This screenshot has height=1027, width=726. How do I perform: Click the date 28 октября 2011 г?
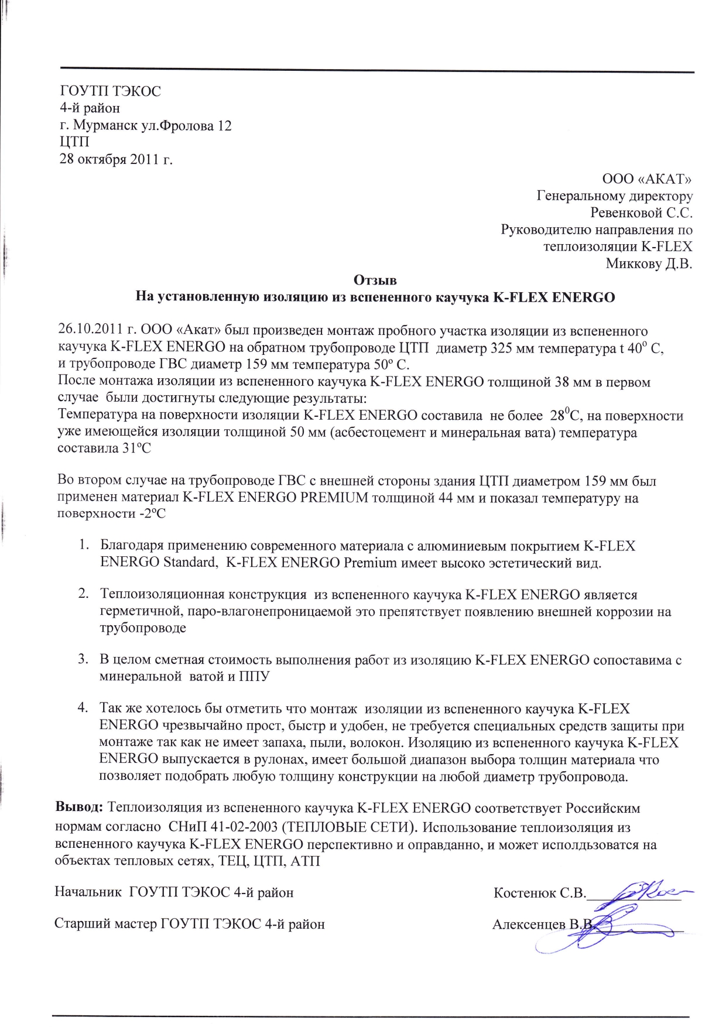116,159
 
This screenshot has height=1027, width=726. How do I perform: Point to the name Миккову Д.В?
649,263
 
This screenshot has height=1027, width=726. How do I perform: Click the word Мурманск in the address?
106,125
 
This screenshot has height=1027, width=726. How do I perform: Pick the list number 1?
83,546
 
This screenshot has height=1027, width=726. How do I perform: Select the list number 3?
83,660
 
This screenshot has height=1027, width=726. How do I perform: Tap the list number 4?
83,709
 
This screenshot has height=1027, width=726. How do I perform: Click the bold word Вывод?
79,808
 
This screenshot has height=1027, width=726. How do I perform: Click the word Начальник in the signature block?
88,893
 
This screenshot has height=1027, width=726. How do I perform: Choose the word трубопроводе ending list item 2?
143,628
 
